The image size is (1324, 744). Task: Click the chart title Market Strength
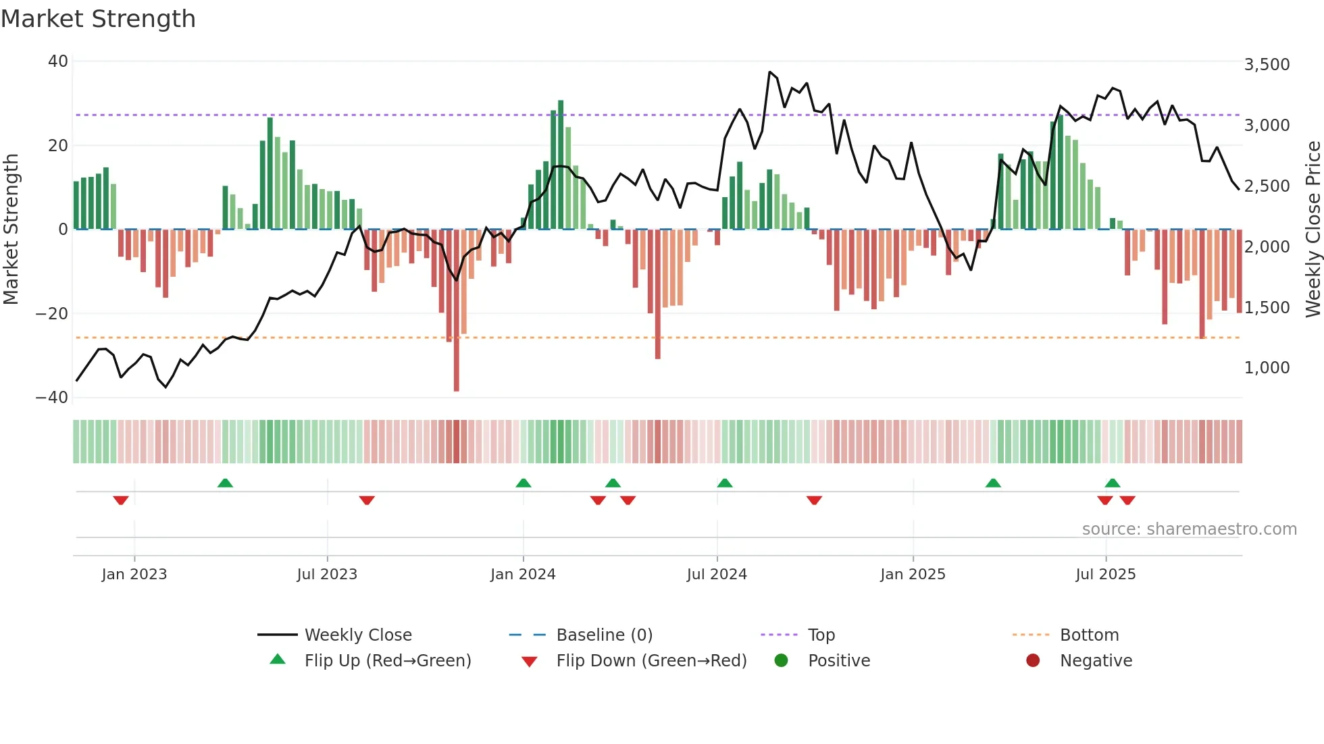[x=98, y=19]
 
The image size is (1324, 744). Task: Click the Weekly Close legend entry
[x=357, y=635]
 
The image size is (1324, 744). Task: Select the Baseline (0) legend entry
[x=604, y=635]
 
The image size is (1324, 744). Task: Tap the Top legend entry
[x=821, y=635]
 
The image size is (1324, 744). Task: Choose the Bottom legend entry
[x=1089, y=635]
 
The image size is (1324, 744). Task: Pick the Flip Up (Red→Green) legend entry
[x=387, y=660]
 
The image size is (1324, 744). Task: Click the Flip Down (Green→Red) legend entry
[x=651, y=660]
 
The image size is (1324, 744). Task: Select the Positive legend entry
[x=838, y=660]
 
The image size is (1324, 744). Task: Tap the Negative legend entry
[x=1096, y=660]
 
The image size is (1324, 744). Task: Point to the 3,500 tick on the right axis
[x=1267, y=65]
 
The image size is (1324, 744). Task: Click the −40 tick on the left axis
[x=52, y=397]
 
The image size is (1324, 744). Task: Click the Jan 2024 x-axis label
[x=523, y=575]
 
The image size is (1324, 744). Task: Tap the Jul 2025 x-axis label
[x=1105, y=575]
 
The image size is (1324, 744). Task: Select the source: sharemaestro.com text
[x=1189, y=529]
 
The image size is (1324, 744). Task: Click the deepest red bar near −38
[x=457, y=311]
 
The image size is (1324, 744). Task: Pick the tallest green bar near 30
[x=561, y=165]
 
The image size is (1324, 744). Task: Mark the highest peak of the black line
[x=769, y=72]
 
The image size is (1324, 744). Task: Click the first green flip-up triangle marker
[x=225, y=483]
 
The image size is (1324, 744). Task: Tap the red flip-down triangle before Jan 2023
[x=121, y=500]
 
